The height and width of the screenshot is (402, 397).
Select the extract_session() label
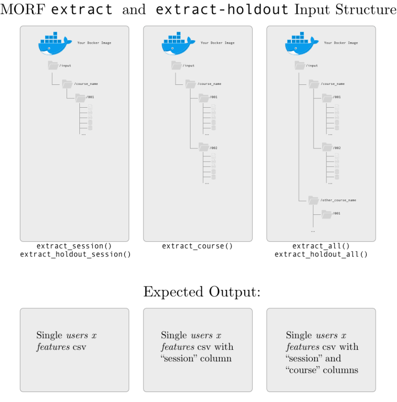click(x=74, y=246)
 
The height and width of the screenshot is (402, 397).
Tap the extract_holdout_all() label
click(x=321, y=255)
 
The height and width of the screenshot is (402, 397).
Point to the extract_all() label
click(x=321, y=246)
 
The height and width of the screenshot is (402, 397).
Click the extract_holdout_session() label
click(x=74, y=255)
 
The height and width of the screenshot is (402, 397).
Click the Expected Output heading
click(x=201, y=292)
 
